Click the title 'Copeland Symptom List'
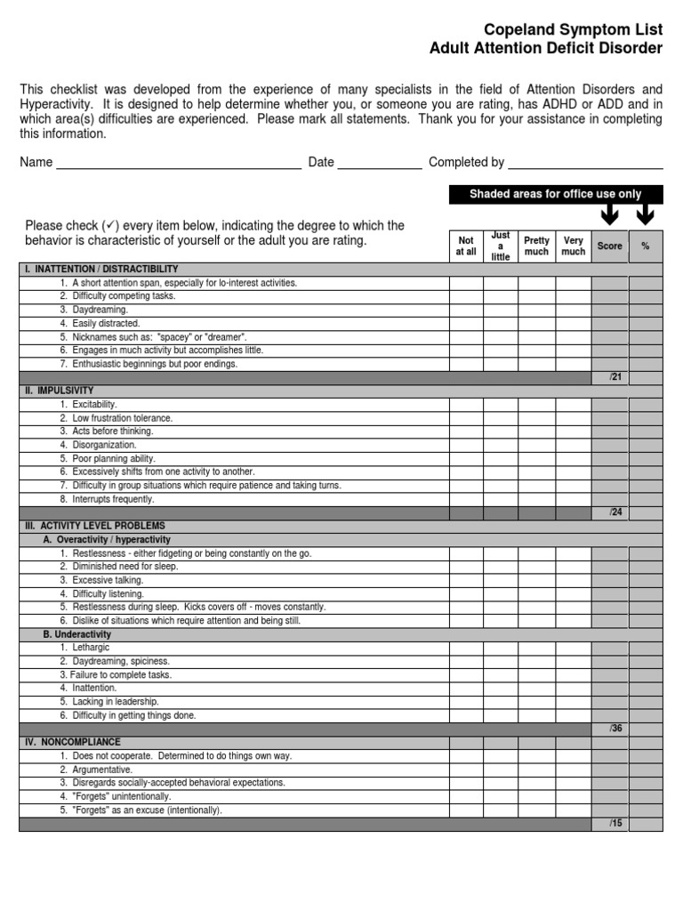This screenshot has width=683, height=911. [x=574, y=29]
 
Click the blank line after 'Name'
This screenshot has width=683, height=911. [x=178, y=164]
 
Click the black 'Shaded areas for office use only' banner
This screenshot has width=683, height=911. [x=555, y=194]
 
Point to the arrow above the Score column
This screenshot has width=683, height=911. [x=610, y=214]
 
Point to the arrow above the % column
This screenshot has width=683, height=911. [x=645, y=214]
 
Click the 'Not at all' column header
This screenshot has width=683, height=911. [x=466, y=246]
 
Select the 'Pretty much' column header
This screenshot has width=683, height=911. [x=536, y=246]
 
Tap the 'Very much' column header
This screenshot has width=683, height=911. [x=574, y=246]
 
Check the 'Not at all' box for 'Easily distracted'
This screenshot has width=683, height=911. [x=466, y=324]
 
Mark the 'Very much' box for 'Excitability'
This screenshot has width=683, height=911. [x=574, y=405]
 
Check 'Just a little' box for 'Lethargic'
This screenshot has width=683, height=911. [x=501, y=648]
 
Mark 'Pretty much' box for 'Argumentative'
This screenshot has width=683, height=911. [x=536, y=769]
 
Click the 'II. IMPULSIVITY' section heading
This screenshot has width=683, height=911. [x=61, y=391]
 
